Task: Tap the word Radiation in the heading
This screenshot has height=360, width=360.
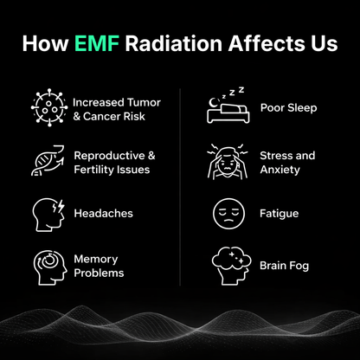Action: coord(168,43)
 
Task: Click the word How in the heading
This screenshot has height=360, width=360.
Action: coord(42,43)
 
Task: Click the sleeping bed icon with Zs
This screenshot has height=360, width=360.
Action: coord(227,104)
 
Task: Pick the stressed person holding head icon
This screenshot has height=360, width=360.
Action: coord(227,162)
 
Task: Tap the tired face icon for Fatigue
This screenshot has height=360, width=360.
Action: coord(227,213)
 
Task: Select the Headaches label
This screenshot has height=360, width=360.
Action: coord(104,213)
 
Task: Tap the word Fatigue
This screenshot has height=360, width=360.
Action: coord(280,213)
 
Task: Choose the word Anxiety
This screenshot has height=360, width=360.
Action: coord(280,170)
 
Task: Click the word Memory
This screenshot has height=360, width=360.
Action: coord(96,258)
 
